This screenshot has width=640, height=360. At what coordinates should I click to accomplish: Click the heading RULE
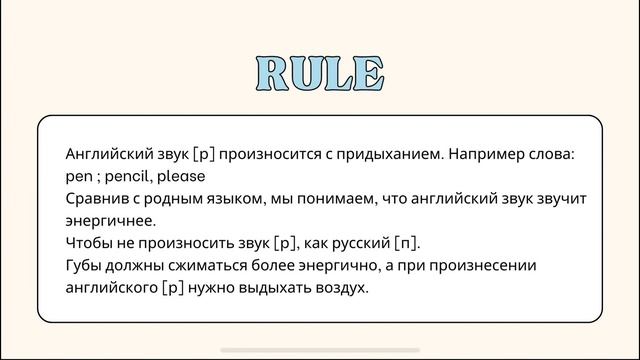(320, 74)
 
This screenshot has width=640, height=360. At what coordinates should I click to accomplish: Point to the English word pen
(78, 177)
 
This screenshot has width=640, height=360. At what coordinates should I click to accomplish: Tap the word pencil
(127, 177)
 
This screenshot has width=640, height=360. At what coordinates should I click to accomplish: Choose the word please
(180, 177)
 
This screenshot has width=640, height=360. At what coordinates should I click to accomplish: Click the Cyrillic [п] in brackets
(407, 244)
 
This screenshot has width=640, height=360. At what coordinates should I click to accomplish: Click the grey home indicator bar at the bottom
(320, 350)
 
